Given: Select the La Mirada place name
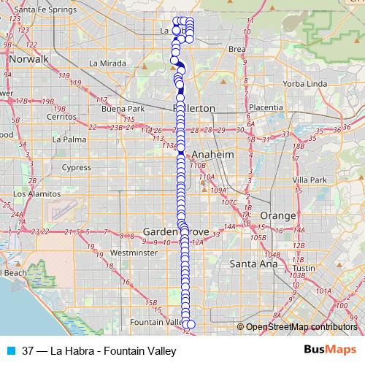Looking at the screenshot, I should click(x=103, y=63).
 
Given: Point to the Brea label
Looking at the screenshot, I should click(x=237, y=49).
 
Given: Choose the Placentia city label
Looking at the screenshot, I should click(x=266, y=107).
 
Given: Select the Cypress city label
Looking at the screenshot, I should click(x=76, y=167).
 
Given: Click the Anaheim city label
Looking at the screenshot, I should click(x=212, y=155).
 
